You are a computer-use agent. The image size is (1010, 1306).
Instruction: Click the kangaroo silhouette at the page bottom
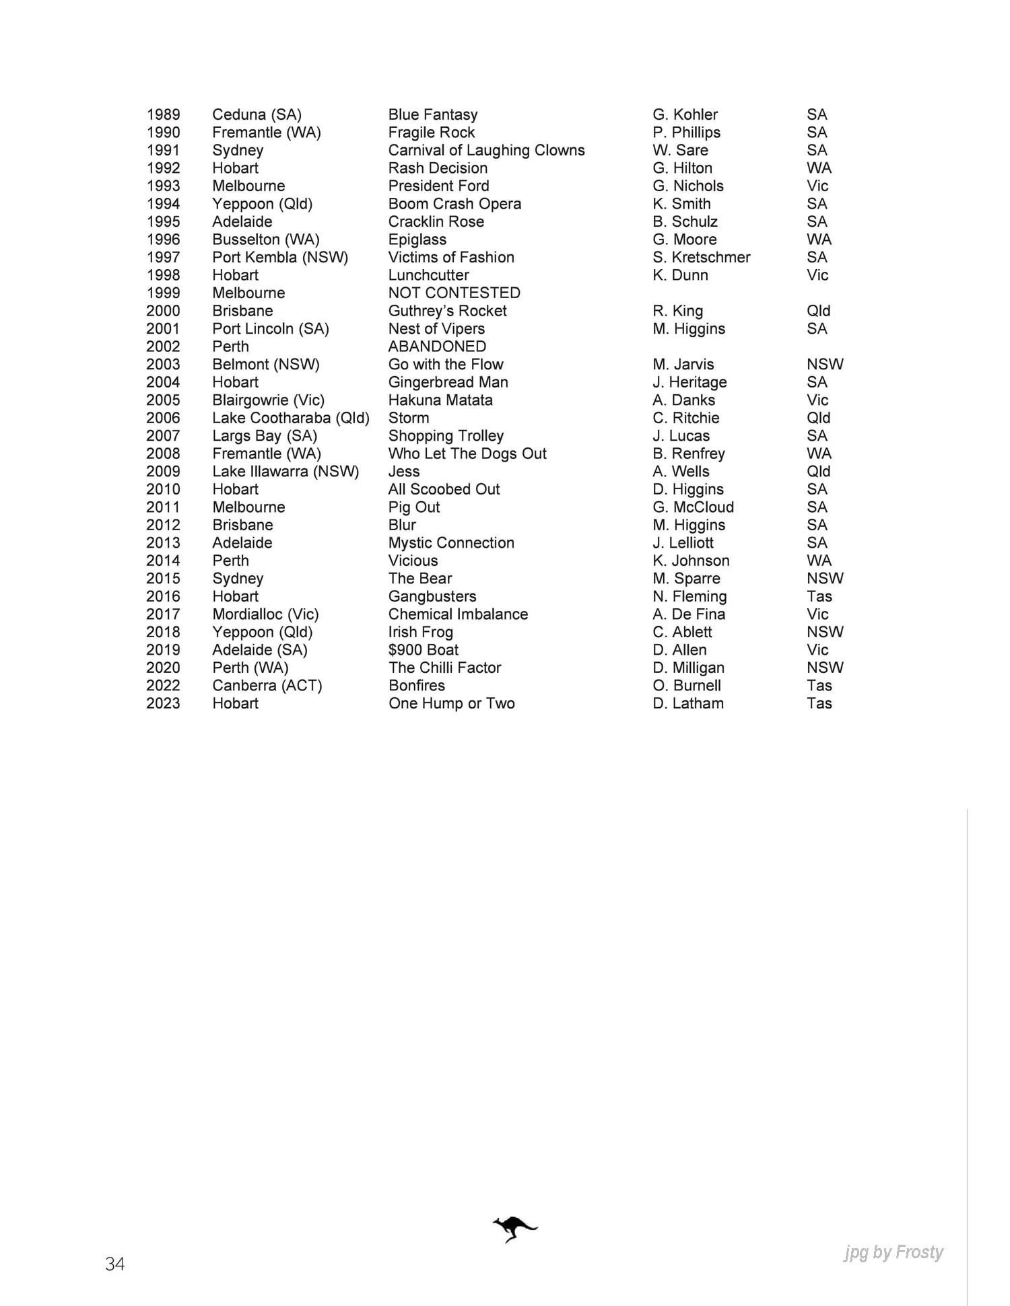coord(514,1229)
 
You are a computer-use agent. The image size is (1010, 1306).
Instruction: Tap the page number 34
coord(114,1264)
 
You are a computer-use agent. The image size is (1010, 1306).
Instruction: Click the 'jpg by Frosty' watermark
coord(894,1252)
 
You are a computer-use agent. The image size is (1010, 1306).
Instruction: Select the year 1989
coord(163,114)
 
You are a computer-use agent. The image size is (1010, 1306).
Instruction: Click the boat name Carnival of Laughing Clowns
coord(486,150)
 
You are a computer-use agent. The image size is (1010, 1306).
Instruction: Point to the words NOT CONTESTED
coord(454,293)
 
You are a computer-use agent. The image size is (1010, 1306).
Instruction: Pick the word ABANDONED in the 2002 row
coord(437,347)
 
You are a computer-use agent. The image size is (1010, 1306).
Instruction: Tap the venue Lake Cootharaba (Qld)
coord(291,418)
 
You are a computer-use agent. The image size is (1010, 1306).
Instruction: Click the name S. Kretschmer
coord(701,257)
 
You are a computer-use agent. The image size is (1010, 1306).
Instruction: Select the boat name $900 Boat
coord(423,650)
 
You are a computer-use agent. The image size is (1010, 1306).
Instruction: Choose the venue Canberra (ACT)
coord(267,686)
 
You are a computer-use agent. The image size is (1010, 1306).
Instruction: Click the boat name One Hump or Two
coord(451,703)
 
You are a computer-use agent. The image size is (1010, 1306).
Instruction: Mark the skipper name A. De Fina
coord(689,614)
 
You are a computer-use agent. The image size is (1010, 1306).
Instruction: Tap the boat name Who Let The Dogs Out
coord(467,454)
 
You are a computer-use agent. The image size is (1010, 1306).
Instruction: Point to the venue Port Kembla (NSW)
coord(280,257)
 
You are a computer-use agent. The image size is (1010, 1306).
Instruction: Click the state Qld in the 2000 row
coord(818,311)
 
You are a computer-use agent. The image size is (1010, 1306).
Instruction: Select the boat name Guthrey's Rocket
coord(447,311)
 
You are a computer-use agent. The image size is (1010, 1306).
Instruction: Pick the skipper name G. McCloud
coord(693,507)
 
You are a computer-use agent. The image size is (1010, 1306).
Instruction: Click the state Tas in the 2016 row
coord(819,596)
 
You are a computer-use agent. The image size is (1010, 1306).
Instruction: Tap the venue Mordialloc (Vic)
coord(265,614)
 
